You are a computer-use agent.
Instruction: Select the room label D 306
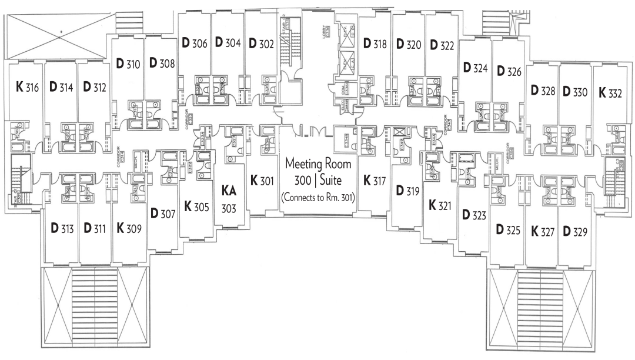[x=195, y=43]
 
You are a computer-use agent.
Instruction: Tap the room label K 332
[x=610, y=92]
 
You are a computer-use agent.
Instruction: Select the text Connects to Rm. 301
[x=317, y=198]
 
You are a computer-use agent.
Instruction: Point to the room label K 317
[x=375, y=180]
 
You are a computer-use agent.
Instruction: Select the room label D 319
[x=407, y=191]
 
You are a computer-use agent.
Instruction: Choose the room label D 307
[x=163, y=214]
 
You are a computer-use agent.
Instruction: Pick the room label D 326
[x=509, y=72]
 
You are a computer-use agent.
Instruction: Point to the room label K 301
[x=262, y=180]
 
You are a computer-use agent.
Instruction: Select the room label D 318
[x=375, y=43]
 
